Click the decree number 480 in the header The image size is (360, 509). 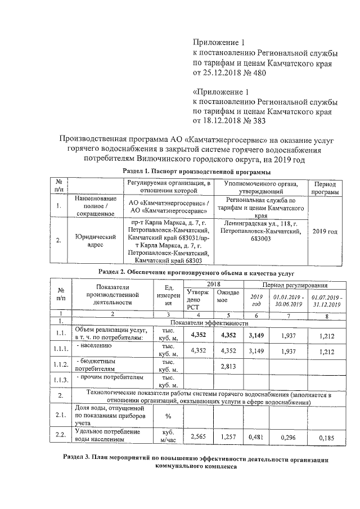click(x=252, y=73)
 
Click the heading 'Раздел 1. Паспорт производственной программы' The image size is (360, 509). click(x=196, y=171)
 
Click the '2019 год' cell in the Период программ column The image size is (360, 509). click(x=325, y=231)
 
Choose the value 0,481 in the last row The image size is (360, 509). click(x=256, y=436)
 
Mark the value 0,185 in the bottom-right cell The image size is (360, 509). click(x=326, y=437)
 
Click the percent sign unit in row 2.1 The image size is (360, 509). click(x=168, y=416)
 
